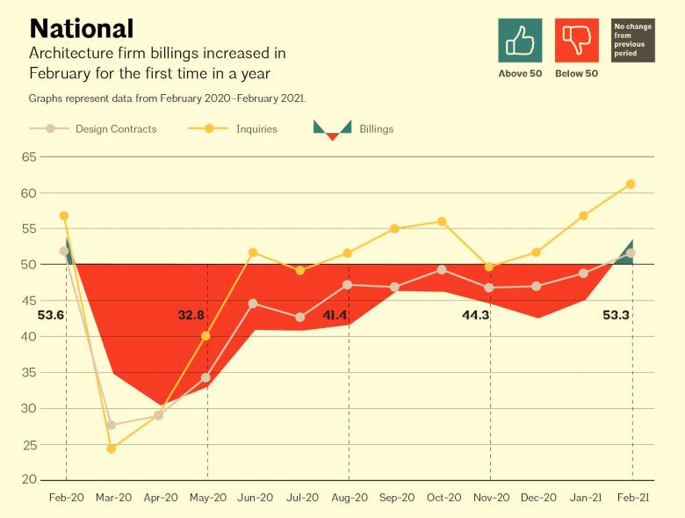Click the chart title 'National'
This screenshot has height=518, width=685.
pyautogui.click(x=82, y=28)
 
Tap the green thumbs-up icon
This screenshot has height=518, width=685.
pyautogui.click(x=520, y=40)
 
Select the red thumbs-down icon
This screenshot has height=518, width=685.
pyautogui.click(x=577, y=40)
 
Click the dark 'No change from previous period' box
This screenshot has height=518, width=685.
pyautogui.click(x=633, y=40)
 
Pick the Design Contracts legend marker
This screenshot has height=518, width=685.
pyautogui.click(x=51, y=129)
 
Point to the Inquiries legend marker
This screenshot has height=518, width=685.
pyautogui.click(x=209, y=129)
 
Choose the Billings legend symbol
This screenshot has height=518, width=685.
pyautogui.click(x=332, y=129)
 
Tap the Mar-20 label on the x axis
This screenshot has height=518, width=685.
pyautogui.click(x=113, y=498)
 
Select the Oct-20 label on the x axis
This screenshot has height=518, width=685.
pyautogui.click(x=443, y=498)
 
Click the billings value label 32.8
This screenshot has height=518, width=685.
pyautogui.click(x=191, y=314)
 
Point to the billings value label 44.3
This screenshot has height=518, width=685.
pyautogui.click(x=475, y=314)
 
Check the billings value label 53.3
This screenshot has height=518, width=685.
pyautogui.click(x=614, y=314)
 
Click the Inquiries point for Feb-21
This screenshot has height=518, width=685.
pyautogui.click(x=631, y=184)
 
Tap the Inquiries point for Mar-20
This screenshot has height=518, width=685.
pyautogui.click(x=112, y=449)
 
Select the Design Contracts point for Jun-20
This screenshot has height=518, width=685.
pyautogui.click(x=253, y=303)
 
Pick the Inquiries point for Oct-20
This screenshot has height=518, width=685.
pyautogui.click(x=442, y=222)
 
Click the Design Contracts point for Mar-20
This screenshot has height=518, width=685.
pyautogui.click(x=112, y=425)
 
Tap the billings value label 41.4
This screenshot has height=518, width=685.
pyautogui.click(x=335, y=314)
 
